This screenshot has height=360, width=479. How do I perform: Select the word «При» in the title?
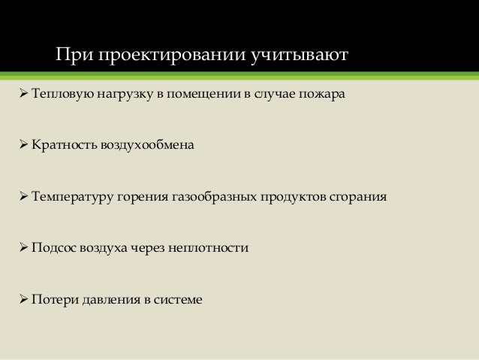pos(73,56)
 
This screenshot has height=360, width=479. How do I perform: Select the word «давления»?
pos(107,299)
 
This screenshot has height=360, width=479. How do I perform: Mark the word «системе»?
pos(178,299)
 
